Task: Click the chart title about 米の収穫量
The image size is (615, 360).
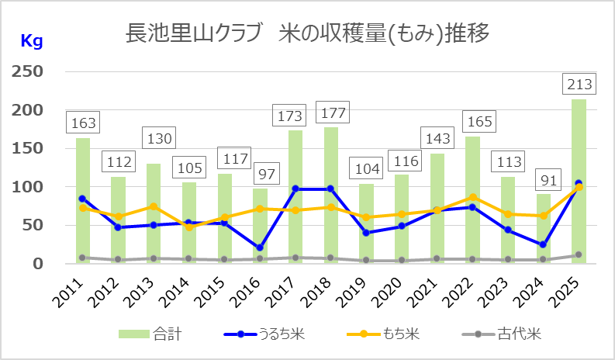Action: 308,35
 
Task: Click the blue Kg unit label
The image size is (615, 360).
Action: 31,41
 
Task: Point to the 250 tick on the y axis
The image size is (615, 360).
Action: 27,72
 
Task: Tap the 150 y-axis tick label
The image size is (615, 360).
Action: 27,148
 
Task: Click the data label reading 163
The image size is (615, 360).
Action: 83,123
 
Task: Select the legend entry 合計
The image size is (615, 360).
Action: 152,334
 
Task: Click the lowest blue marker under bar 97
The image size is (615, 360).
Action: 260,248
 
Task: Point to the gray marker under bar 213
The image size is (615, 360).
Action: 579,254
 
